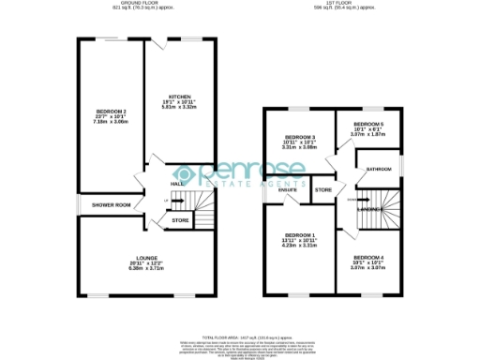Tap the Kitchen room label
(181, 97)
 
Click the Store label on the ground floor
(180, 221)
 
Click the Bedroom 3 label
(298, 138)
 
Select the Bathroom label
(379, 169)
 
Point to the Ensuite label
(288, 190)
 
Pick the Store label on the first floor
(323, 190)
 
